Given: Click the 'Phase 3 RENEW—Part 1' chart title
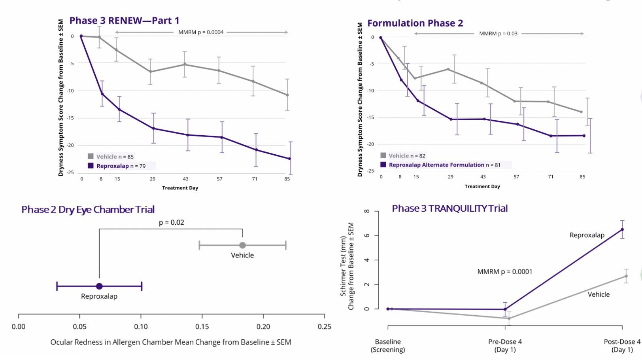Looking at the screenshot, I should [x=124, y=21].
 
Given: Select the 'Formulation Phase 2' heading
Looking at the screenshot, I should [x=415, y=23].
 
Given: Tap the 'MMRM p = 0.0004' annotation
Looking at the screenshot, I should [x=201, y=32].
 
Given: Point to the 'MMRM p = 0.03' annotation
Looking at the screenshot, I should [x=498, y=34].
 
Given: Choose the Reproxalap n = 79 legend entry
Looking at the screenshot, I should [x=117, y=166].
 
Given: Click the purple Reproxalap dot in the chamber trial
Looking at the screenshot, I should [x=99, y=286].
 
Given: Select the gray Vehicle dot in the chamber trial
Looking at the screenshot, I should [x=242, y=245].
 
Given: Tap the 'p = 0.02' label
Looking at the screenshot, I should [x=172, y=222].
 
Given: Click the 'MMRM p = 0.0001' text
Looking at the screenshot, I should [x=504, y=272].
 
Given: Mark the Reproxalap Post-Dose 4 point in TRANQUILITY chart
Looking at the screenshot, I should [x=622, y=229].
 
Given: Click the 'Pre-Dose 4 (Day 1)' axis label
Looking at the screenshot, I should [x=505, y=345].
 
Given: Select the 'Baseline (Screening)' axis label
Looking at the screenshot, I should [x=388, y=345].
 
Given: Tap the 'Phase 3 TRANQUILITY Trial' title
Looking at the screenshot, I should [x=449, y=208].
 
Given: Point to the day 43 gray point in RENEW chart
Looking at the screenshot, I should [x=185, y=64].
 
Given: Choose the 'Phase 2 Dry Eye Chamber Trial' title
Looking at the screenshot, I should [x=88, y=209].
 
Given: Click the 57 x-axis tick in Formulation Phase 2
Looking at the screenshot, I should [x=516, y=177].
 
